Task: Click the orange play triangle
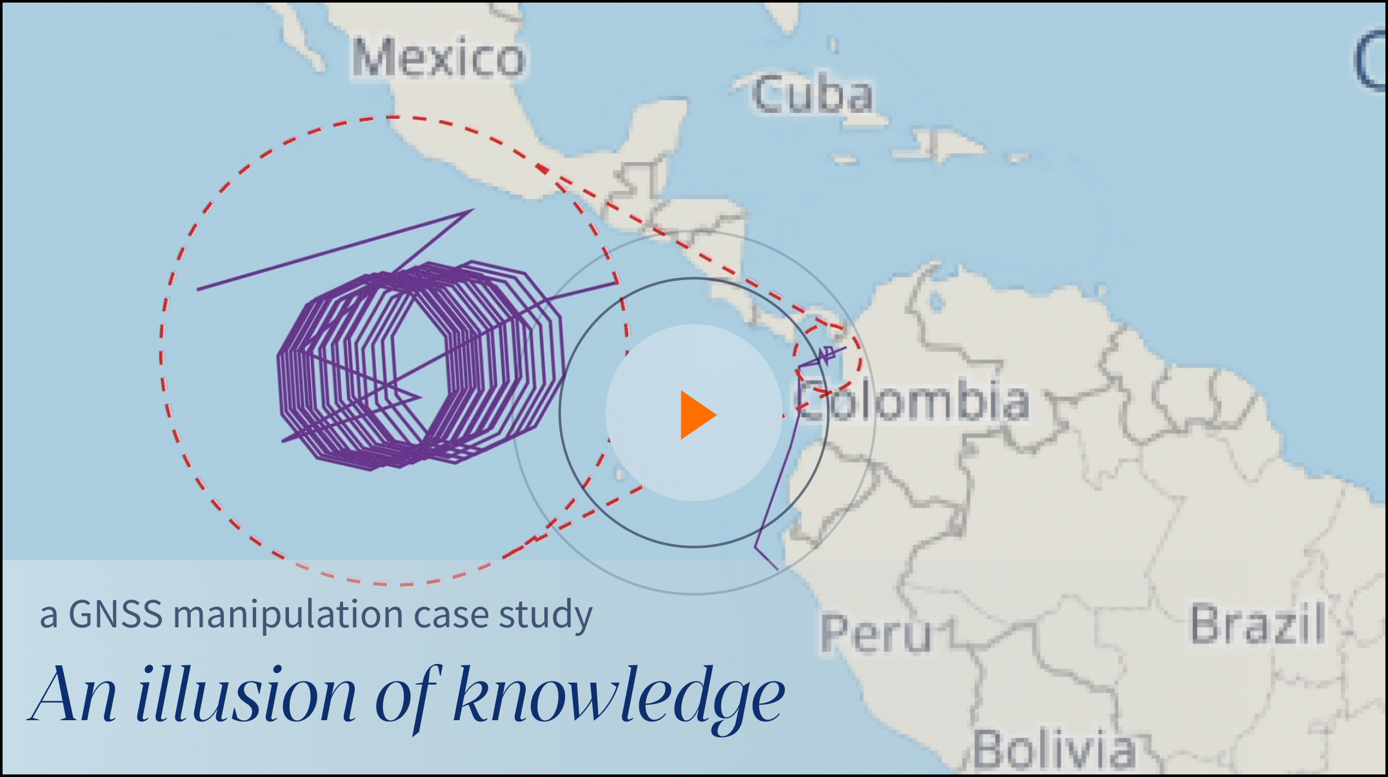click(697, 415)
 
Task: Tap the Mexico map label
click(439, 58)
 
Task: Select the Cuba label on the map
click(813, 95)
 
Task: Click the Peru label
click(876, 634)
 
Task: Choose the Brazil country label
click(1258, 623)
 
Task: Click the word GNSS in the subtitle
click(115, 614)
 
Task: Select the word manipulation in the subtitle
click(288, 615)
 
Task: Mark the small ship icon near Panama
click(828, 354)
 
